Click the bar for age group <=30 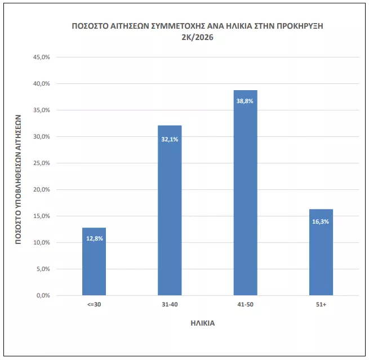tap(94, 261)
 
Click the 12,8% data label tap(94, 238)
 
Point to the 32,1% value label tap(170, 139)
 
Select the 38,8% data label tap(245, 101)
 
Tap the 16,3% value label tap(321, 221)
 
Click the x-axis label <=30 tap(94, 305)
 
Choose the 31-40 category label tap(170, 305)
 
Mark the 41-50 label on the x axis tap(245, 305)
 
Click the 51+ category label tap(321, 305)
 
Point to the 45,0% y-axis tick tap(43, 57)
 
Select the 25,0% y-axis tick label tap(43, 163)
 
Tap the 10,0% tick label tap(43, 243)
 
